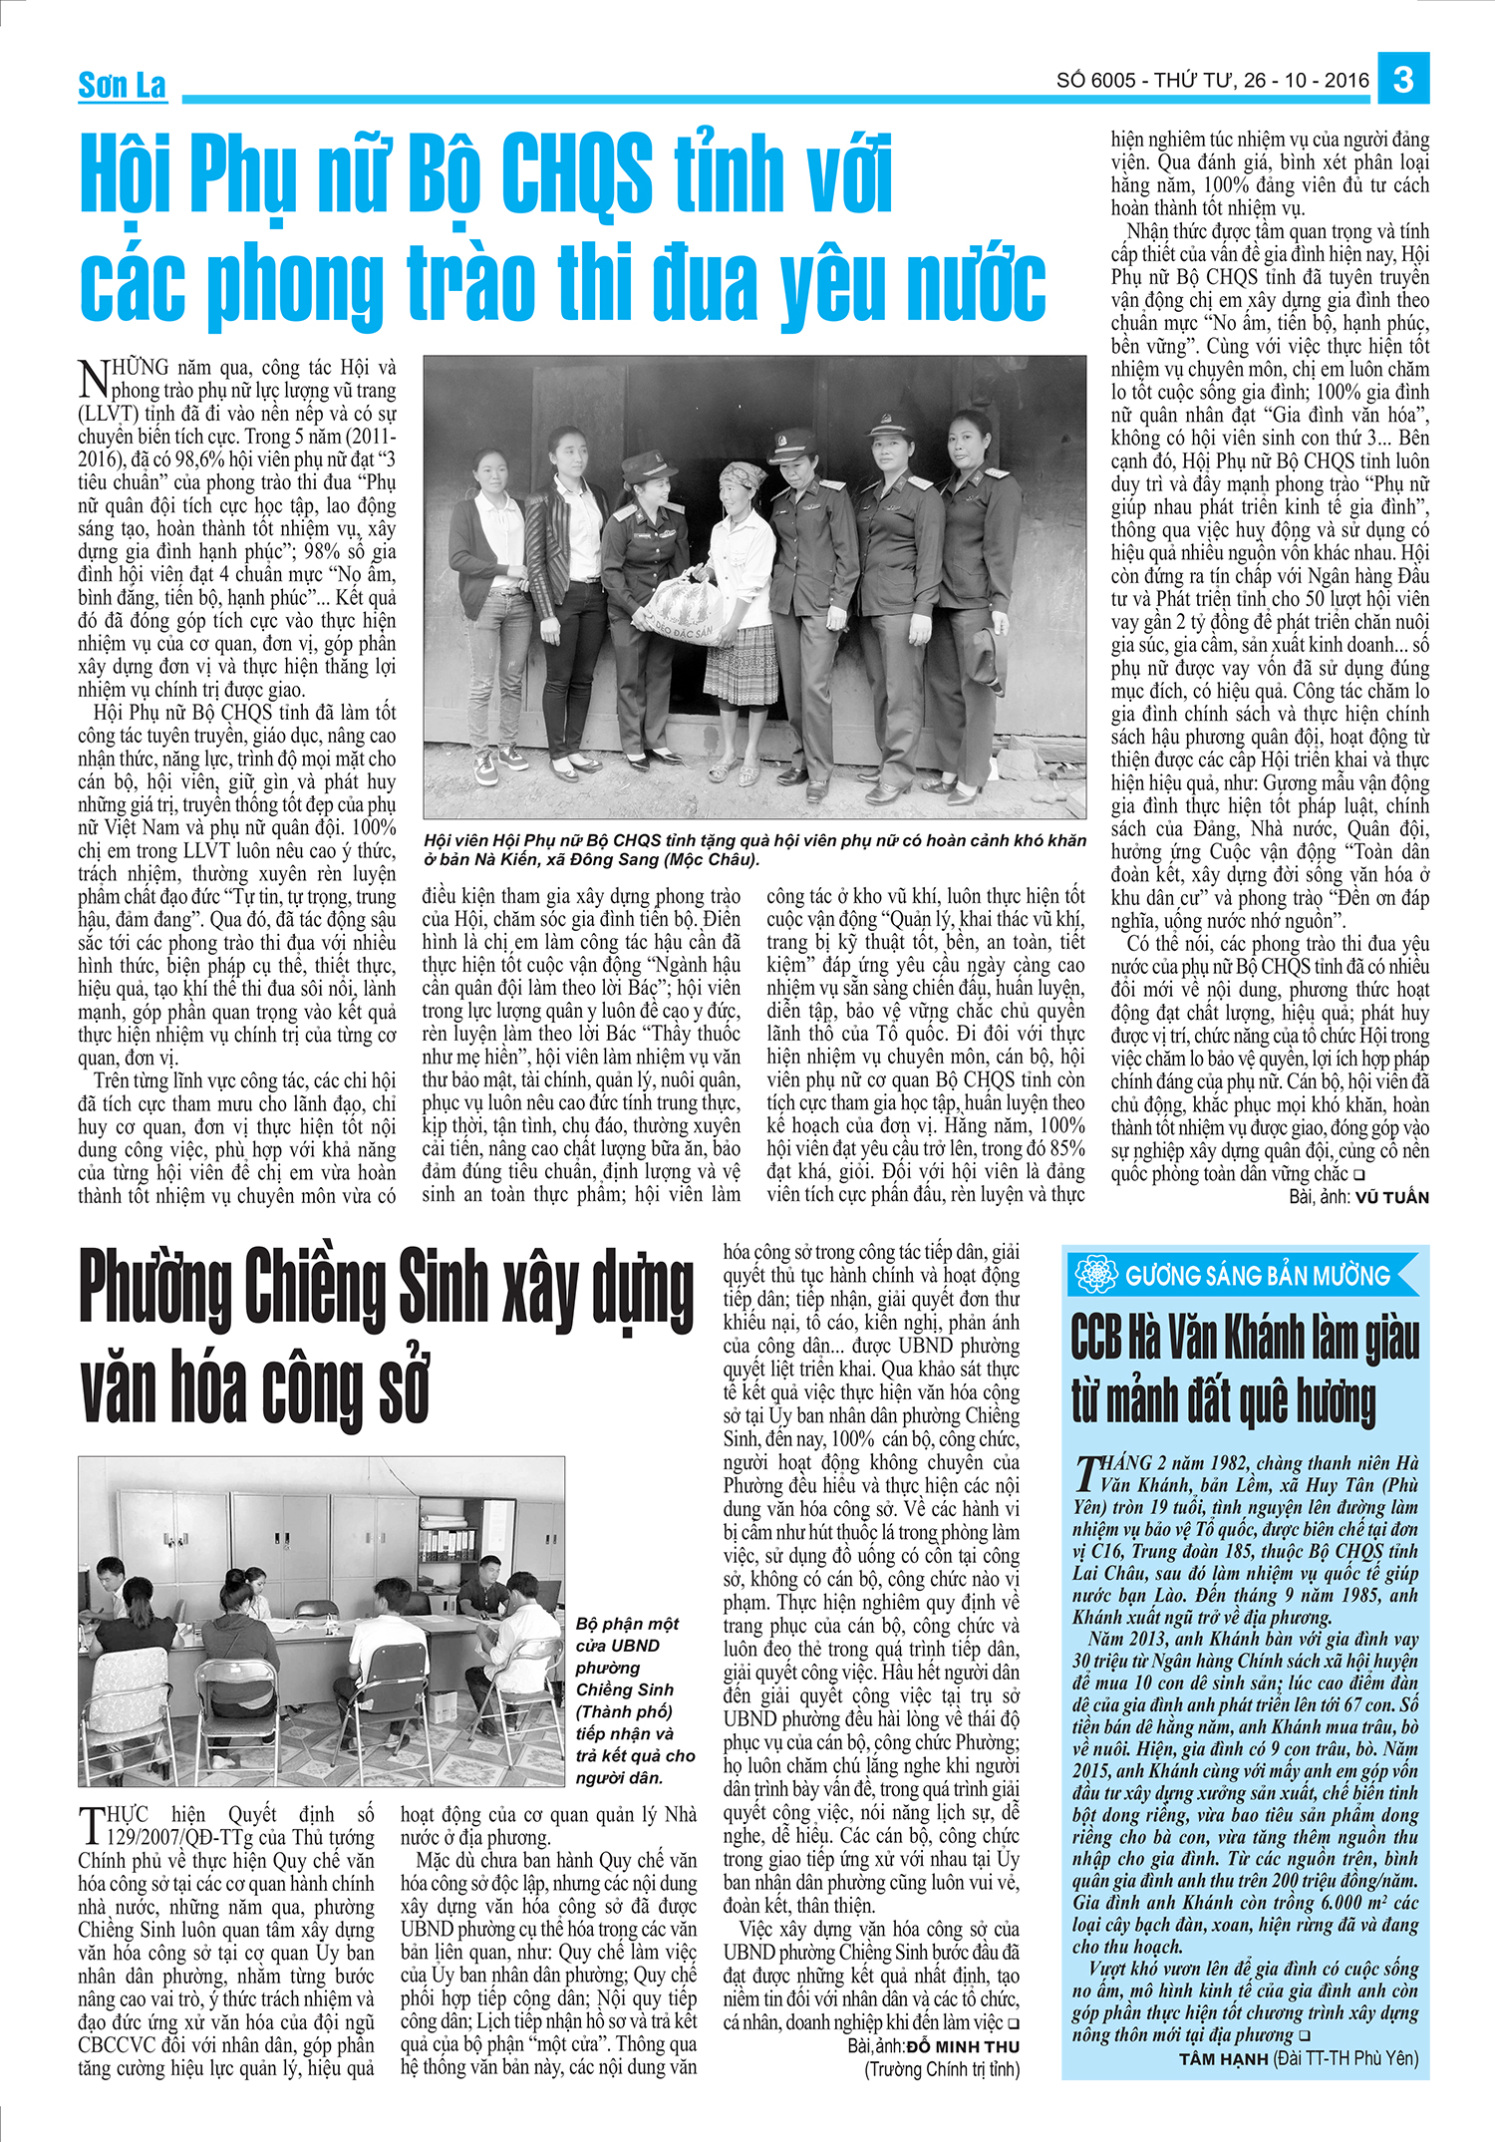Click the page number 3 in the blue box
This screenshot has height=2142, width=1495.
(x=1403, y=79)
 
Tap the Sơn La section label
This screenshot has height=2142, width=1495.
(x=122, y=86)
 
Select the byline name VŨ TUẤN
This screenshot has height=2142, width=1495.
(x=1391, y=1197)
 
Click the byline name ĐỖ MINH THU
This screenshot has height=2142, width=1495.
(x=963, y=2046)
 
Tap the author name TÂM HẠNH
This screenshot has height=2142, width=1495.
(x=1223, y=2058)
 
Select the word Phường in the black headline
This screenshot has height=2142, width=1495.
(x=161, y=1288)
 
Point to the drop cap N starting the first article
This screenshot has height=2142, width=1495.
(x=94, y=378)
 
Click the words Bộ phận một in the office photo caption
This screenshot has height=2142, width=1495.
(x=627, y=1624)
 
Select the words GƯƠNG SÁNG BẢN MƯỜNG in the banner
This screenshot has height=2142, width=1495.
(x=1257, y=1276)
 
